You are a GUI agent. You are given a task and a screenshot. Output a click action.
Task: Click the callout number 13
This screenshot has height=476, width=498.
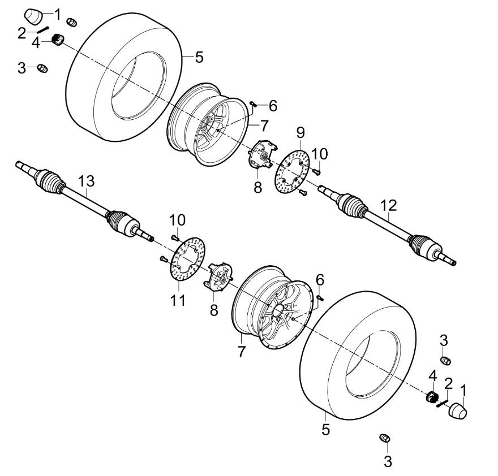[x=86, y=181]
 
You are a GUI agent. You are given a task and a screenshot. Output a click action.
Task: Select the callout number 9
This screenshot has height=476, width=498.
[x=300, y=133]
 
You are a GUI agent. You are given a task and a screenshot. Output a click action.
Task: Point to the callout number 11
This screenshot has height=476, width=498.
[x=178, y=300]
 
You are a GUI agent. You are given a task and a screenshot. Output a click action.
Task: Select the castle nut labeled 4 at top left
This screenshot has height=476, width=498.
[x=57, y=40]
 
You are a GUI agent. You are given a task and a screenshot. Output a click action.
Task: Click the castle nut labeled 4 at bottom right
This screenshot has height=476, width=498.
[x=432, y=397]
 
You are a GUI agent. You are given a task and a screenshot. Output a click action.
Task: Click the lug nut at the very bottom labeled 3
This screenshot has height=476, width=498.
[x=385, y=438]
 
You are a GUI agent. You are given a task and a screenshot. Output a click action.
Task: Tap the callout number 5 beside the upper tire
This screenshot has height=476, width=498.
[x=199, y=57]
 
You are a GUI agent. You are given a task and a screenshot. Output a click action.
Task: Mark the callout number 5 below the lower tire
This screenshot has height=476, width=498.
[x=325, y=429]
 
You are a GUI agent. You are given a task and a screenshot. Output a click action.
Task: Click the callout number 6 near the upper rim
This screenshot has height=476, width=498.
[x=273, y=105]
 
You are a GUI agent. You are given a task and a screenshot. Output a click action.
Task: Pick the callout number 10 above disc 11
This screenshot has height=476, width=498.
[x=176, y=219]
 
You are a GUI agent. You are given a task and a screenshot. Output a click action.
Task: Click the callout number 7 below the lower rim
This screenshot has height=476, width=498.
[x=242, y=351]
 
